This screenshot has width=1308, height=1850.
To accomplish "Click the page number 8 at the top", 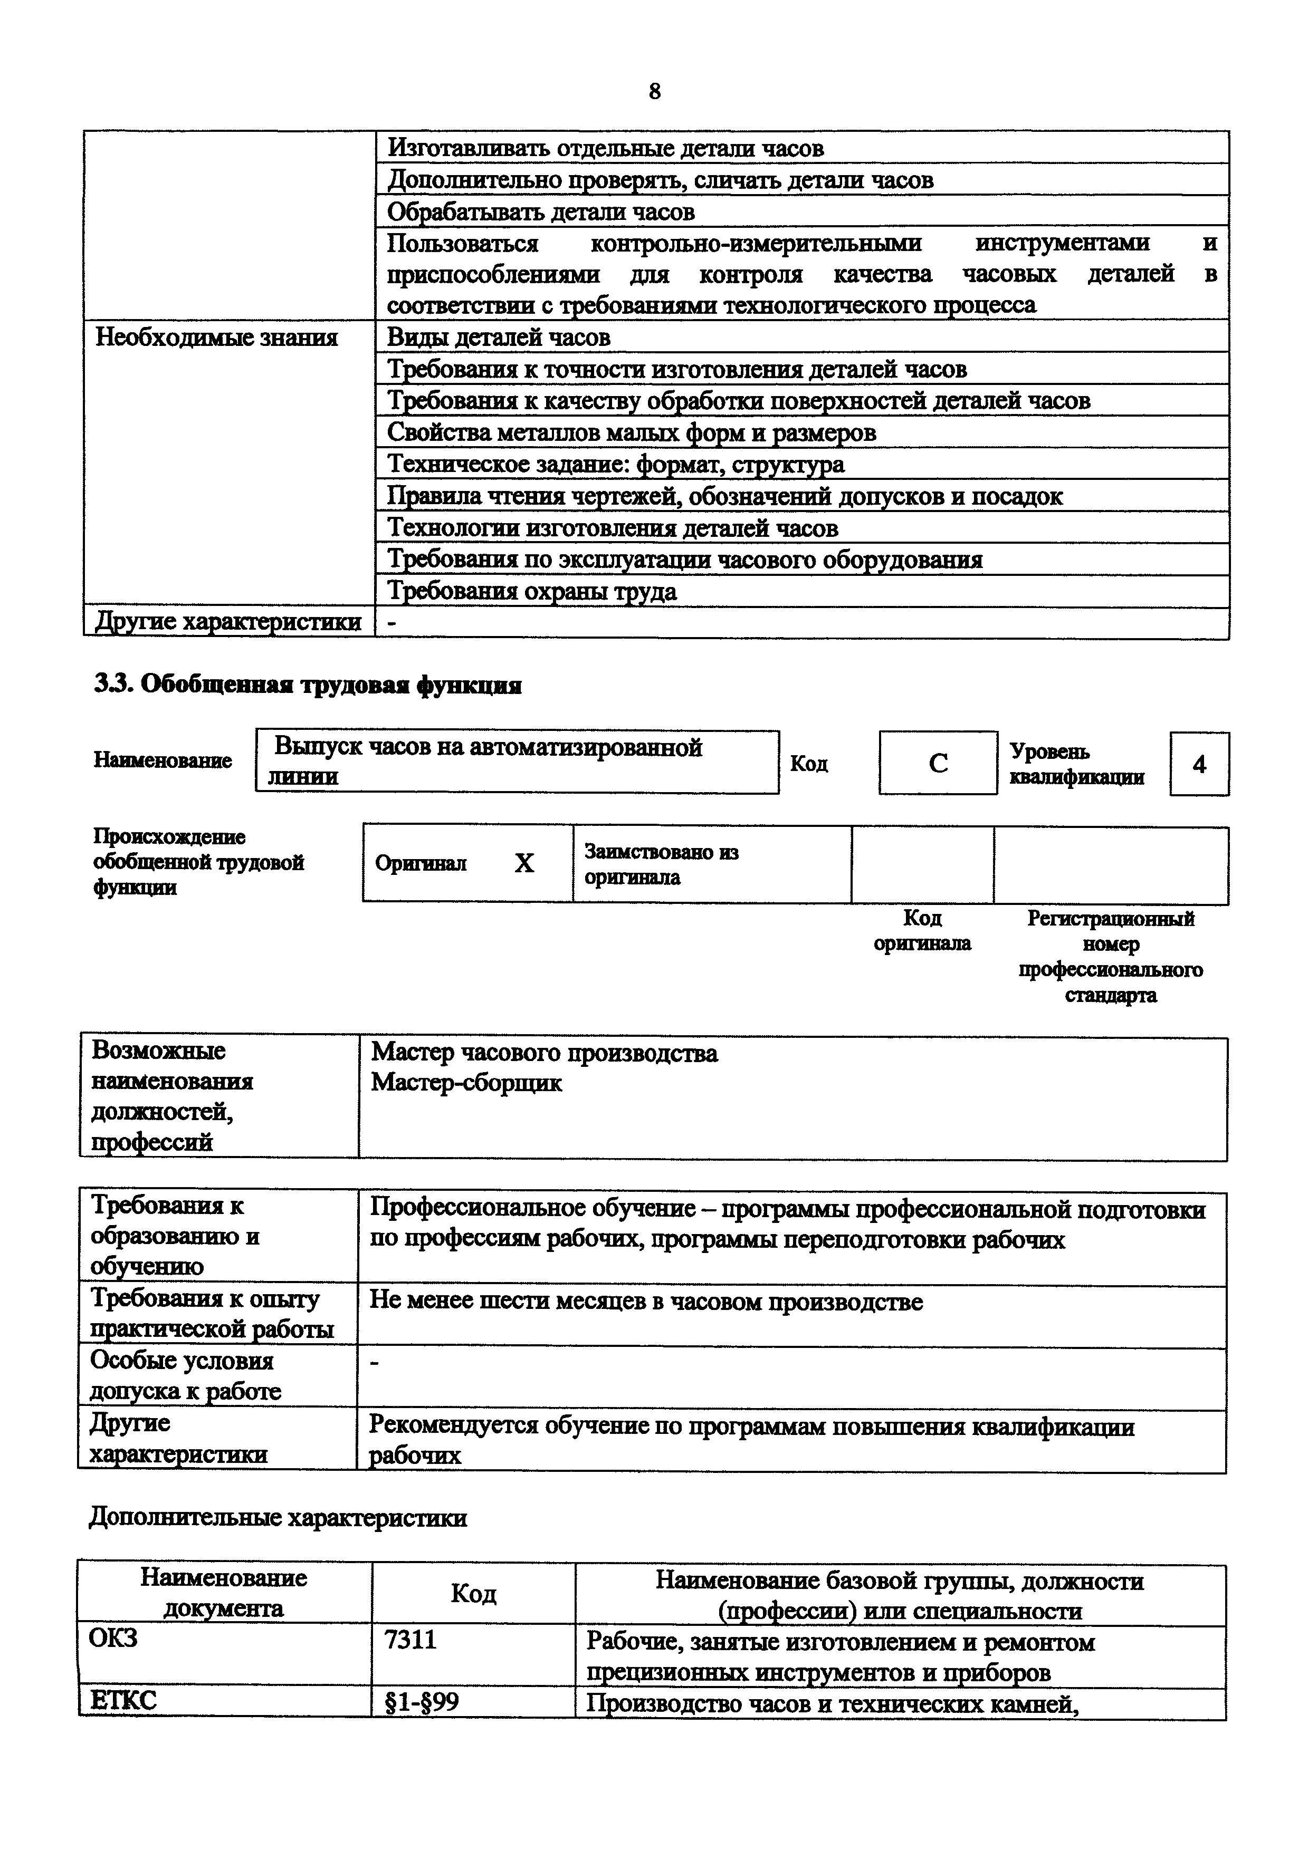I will coord(654,92).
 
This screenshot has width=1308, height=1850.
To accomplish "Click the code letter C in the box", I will coord(938,763).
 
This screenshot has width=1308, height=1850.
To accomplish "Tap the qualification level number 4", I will coord(1199,764).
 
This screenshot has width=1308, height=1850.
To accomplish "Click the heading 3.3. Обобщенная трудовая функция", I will coord(308,685).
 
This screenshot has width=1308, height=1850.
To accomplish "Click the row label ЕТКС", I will coord(124,1701).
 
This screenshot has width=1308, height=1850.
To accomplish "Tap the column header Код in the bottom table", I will coord(473,1593).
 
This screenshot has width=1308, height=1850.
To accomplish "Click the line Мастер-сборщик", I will coord(466,1083).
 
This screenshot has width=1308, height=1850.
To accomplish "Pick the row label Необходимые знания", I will coord(217,337).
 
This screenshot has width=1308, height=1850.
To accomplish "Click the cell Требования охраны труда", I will coord(532,591).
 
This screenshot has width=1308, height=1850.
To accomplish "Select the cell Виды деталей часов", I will coord(499,337).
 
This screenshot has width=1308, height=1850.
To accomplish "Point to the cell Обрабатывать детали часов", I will coord(541,212).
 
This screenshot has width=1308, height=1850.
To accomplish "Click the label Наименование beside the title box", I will coord(163,760).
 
